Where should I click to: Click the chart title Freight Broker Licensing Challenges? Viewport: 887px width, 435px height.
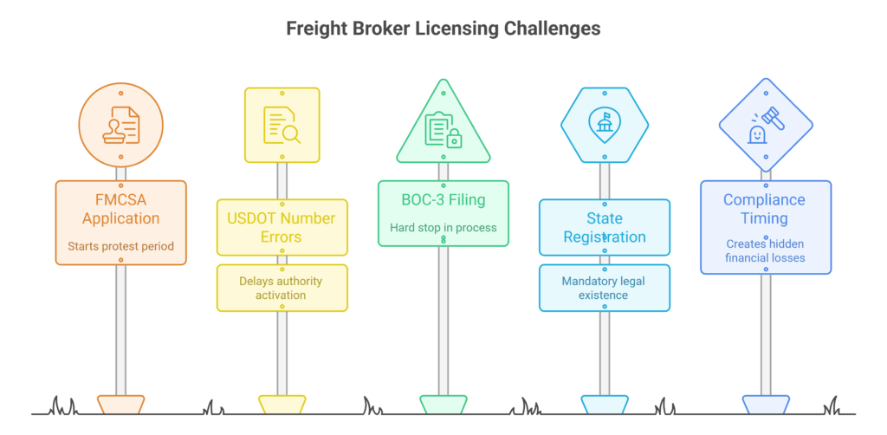tap(443, 29)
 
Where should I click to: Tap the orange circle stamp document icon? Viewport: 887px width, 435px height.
tap(120, 126)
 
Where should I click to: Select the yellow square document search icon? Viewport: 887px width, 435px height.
tap(282, 125)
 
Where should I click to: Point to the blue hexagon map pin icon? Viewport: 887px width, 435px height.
tap(604, 125)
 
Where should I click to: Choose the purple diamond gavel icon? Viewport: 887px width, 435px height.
tap(765, 125)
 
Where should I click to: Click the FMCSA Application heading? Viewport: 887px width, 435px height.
tap(120, 209)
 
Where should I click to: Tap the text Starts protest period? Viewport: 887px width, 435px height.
tap(120, 246)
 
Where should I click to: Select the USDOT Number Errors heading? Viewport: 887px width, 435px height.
tap(282, 228)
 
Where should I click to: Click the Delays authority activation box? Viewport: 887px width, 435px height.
tap(282, 288)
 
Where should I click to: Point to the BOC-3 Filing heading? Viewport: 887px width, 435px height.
tap(443, 201)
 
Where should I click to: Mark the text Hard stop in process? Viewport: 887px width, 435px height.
tap(443, 228)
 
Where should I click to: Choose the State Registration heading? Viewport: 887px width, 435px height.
tap(604, 228)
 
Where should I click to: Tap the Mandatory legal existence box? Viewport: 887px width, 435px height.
tap(604, 288)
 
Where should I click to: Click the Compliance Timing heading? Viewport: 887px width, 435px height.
tap(765, 209)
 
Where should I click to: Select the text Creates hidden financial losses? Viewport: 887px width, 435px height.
tap(765, 251)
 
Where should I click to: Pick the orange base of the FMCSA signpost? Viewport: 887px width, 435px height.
tap(120, 404)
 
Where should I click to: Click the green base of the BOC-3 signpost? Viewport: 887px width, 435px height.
tap(443, 404)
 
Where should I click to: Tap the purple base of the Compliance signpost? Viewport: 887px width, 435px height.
tap(765, 404)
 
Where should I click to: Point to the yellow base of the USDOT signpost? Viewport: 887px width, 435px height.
tap(282, 404)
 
